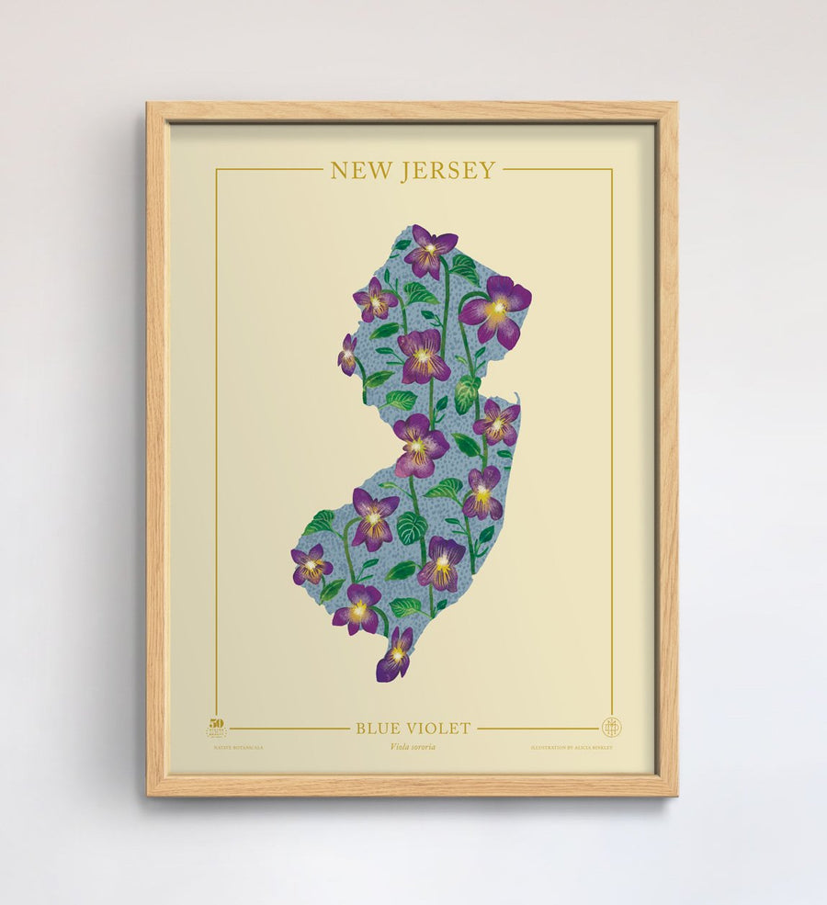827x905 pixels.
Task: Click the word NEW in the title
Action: [x=360, y=171]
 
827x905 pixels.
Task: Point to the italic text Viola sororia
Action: [x=413, y=747]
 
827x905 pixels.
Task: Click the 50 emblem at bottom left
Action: [x=216, y=728]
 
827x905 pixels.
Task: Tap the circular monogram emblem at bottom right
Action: [x=611, y=728]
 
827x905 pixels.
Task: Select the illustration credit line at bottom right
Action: [x=571, y=748]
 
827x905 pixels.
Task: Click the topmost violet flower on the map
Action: [x=428, y=251]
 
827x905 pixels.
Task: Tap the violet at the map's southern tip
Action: [x=395, y=656]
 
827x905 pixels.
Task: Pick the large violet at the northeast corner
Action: [x=497, y=311]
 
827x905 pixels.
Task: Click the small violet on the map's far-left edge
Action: [x=347, y=355]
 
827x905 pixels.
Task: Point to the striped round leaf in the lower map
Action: [x=412, y=527]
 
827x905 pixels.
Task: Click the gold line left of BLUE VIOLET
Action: [x=289, y=729]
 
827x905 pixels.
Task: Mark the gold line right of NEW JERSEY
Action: [x=557, y=169]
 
